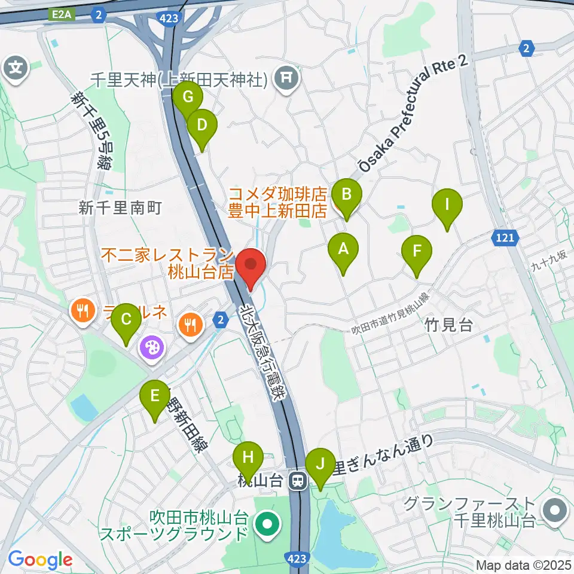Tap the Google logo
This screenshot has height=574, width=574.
pos(40,560)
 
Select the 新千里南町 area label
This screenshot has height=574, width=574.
pos(121,207)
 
